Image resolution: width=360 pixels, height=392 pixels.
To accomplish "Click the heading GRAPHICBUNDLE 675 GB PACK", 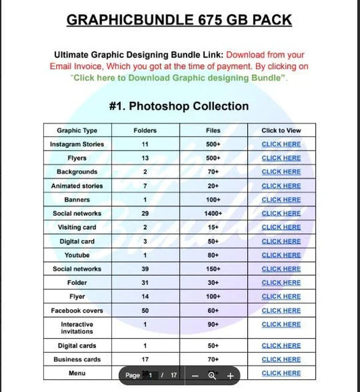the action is click(179, 20).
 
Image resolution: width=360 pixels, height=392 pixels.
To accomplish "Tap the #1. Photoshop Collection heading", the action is click(179, 106).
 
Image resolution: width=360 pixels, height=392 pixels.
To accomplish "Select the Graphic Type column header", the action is click(77, 130).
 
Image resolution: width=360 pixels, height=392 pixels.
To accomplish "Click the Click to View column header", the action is click(281, 130).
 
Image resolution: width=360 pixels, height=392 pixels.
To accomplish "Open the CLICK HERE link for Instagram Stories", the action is click(281, 144).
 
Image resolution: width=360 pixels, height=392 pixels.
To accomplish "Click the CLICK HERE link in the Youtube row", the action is click(281, 255).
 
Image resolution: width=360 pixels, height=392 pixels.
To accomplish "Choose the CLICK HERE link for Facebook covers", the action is click(281, 310).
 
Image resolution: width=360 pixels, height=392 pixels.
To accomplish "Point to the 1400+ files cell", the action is click(213, 213).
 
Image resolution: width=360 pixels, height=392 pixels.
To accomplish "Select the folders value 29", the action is click(145, 213).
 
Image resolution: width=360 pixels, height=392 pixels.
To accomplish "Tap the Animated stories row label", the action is click(77, 186).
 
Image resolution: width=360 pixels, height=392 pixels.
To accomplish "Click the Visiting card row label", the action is click(77, 227).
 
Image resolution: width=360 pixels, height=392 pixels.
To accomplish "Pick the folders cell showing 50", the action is click(145, 310).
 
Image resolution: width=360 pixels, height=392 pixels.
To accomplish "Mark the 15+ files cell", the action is click(213, 227).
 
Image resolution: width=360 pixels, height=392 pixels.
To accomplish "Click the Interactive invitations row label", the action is click(77, 328).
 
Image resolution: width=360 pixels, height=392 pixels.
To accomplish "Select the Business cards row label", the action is click(77, 359).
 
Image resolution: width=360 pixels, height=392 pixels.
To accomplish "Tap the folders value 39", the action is click(145, 269).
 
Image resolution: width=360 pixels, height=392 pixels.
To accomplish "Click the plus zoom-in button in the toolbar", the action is click(230, 375).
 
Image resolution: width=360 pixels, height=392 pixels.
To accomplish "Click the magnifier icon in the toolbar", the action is click(212, 375).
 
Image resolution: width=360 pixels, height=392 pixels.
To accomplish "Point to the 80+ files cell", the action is click(213, 255).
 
